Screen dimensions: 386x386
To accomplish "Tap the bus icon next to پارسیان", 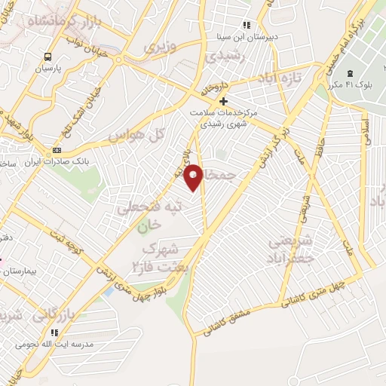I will click(x=48, y=57).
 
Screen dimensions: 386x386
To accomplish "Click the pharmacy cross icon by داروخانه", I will click(x=222, y=101).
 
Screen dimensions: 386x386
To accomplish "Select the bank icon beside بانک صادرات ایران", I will click(x=57, y=150).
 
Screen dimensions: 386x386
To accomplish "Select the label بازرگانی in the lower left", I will click(x=54, y=314).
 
